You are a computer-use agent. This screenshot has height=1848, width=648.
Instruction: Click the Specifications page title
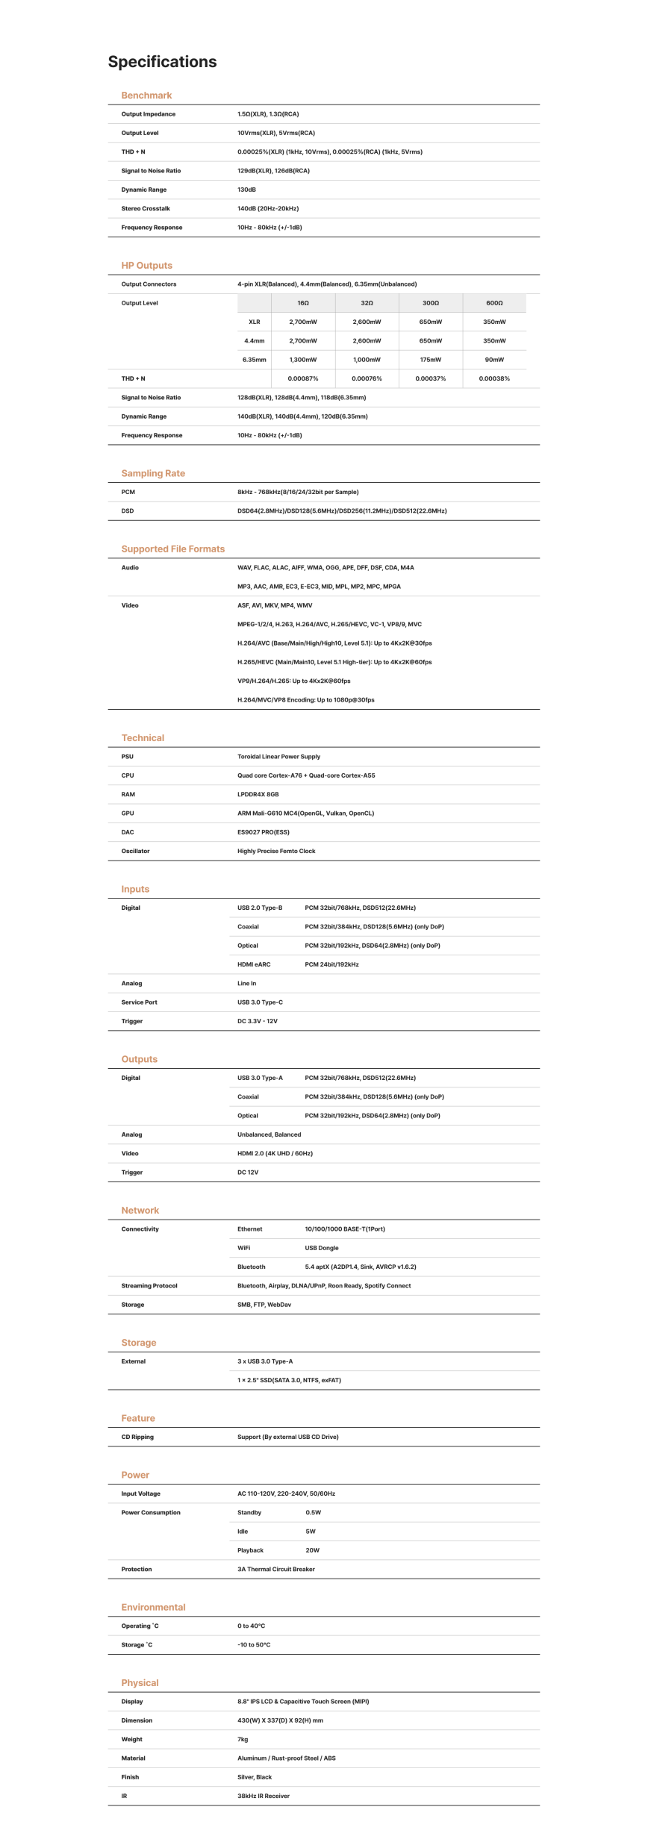pos(162,62)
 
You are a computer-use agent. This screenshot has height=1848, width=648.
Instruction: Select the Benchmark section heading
pos(146,96)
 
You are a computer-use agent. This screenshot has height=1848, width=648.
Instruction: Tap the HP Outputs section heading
pos(146,266)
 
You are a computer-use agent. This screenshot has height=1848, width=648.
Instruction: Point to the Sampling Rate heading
pos(153,473)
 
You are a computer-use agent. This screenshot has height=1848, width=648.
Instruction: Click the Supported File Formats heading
pos(172,549)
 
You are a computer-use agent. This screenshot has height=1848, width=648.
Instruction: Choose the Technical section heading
pos(143,737)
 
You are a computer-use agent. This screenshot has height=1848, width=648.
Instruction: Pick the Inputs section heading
pos(135,889)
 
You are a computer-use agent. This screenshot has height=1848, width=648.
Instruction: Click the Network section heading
pos(140,1210)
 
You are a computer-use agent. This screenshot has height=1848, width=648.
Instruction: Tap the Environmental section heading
pos(153,1607)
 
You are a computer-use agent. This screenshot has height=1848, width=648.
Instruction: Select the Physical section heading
pos(140,1682)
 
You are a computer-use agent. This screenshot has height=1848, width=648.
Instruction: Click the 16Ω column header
pos(303,303)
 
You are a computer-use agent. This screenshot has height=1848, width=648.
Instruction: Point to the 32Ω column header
pos(367,303)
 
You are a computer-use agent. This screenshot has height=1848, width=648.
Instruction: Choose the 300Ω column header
pos(431,303)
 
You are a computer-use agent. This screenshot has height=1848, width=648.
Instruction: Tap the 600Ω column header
pos(494,303)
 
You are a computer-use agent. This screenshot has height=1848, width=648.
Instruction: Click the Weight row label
pos(131,1739)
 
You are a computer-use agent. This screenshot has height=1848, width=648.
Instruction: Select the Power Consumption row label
pos(151,1512)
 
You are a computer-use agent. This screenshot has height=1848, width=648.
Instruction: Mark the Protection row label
pos(137,1569)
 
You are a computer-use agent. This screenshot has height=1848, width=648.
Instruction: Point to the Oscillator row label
pos(135,851)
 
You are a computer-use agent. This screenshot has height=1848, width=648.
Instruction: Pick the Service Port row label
pos(139,1002)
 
